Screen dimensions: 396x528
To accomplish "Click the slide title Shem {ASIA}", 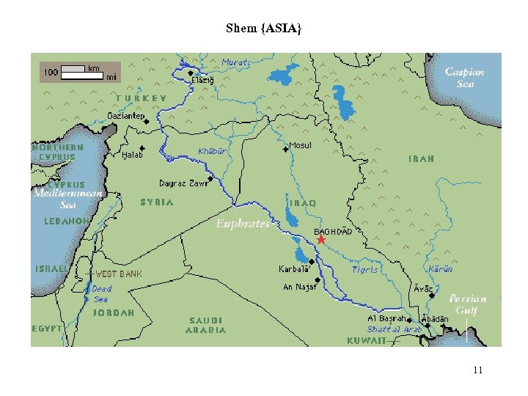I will (263, 29).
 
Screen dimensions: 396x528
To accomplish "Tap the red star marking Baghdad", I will (320, 240).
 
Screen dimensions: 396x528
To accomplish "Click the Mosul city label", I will (301, 145).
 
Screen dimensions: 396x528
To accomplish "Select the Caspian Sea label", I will (465, 78).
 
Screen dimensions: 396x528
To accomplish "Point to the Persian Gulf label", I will (467, 304).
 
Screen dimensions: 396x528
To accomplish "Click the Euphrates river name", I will (243, 224).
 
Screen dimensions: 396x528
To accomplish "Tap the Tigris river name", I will (364, 269).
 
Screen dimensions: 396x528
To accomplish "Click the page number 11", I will (477, 370).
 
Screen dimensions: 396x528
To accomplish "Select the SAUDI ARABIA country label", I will (208, 325).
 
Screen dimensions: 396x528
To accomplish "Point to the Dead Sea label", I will (102, 294).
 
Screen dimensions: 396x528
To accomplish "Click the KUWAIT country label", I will (366, 341).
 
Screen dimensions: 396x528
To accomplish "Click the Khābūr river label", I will (212, 152).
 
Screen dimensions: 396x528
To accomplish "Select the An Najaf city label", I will (301, 287).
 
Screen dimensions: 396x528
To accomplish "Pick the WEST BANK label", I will (120, 274).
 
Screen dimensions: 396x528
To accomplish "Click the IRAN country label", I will (421, 158).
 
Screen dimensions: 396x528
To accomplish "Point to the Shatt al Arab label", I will (395, 330).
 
